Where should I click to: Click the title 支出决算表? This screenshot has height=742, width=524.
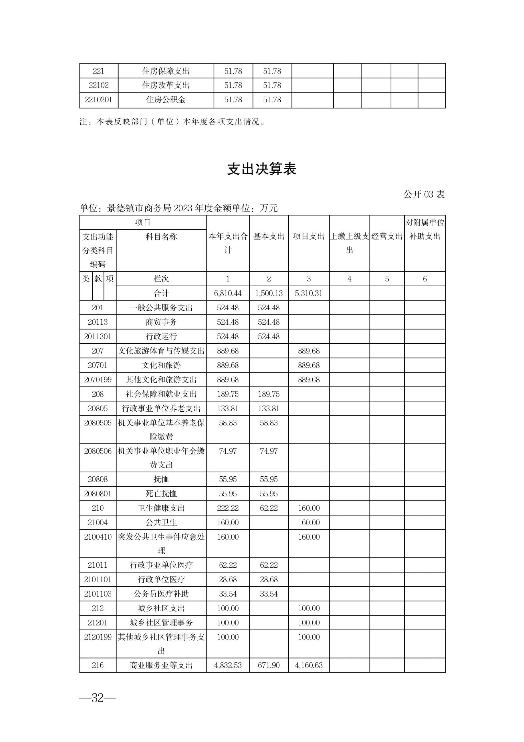point(261,169)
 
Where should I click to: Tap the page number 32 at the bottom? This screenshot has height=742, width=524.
point(98,698)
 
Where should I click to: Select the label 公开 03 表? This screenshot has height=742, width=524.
point(424,194)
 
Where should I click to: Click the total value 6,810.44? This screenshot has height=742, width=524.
point(228,293)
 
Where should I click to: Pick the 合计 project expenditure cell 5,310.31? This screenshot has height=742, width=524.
point(309,293)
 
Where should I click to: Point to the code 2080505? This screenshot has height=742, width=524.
point(98,423)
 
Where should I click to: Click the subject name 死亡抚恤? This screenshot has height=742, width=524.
point(161,494)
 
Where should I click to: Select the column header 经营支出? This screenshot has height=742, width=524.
point(387,236)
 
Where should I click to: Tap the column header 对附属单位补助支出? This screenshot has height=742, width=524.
point(425,230)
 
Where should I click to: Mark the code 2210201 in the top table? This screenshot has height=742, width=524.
point(98,100)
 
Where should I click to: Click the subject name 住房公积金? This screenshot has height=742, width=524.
point(166,100)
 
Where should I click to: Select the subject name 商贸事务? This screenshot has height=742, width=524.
point(161,322)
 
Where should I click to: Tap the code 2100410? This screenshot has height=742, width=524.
point(98,537)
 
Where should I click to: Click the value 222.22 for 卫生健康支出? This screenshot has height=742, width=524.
point(228,508)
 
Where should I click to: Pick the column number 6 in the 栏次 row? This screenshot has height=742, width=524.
point(425,279)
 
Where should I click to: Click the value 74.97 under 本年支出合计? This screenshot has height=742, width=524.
point(228,451)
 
